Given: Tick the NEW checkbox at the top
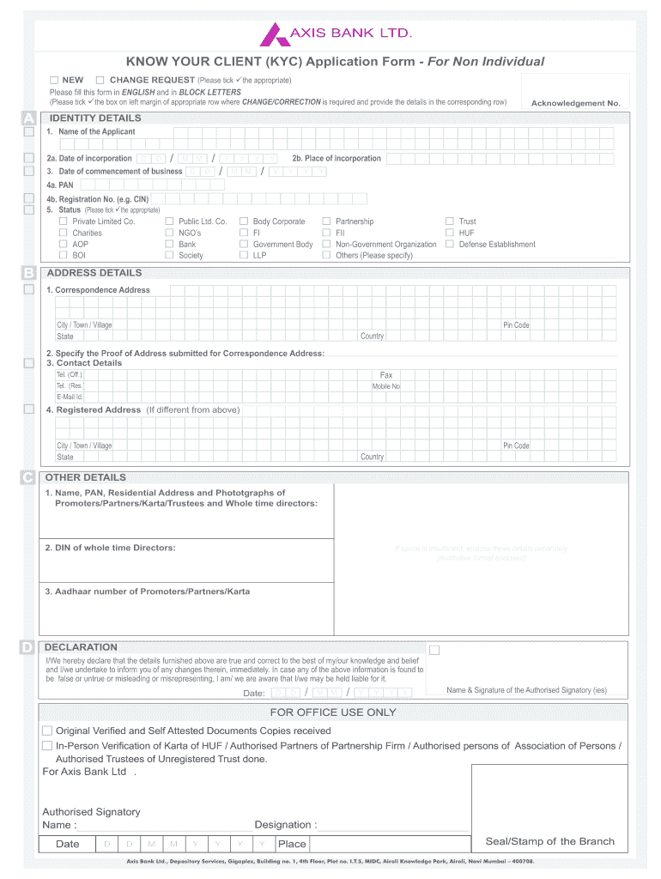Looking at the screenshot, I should pyautogui.click(x=54, y=80).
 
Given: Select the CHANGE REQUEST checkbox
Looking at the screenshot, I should pyautogui.click(x=100, y=80).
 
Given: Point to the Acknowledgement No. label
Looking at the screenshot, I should pyautogui.click(x=575, y=103).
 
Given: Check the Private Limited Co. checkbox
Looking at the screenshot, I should pyautogui.click(x=63, y=221).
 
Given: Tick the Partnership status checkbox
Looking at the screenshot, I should pyautogui.click(x=326, y=221).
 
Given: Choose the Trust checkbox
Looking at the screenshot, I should pyautogui.click(x=449, y=221).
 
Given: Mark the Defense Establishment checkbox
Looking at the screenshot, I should pyautogui.click(x=449, y=244).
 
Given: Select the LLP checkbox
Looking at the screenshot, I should pyautogui.click(x=244, y=255).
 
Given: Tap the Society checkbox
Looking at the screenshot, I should pyautogui.click(x=169, y=255).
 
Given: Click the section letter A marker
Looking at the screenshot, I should pyautogui.click(x=29, y=118).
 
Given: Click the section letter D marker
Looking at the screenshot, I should pyautogui.click(x=29, y=647).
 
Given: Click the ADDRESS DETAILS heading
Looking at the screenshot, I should pyautogui.click(x=95, y=273).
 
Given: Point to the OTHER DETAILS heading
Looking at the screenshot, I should pyautogui.click(x=85, y=477).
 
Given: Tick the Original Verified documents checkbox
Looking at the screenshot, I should pyautogui.click(x=47, y=730).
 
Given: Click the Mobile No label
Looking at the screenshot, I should pyautogui.click(x=385, y=386).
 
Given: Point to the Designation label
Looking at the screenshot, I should pyautogui.click(x=285, y=825).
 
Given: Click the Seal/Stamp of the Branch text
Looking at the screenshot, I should pyautogui.click(x=549, y=841).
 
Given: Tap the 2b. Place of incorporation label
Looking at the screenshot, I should pyautogui.click(x=336, y=159).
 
